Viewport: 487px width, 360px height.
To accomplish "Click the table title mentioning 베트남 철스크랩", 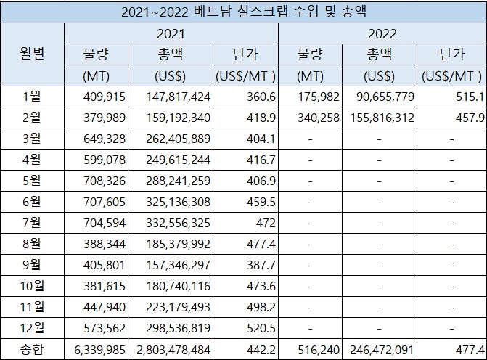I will (x=243, y=12).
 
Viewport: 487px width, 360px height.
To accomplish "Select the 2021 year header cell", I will (x=171, y=33).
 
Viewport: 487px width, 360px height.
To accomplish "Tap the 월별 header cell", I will (x=32, y=54).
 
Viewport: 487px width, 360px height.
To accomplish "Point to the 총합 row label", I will (x=32, y=350).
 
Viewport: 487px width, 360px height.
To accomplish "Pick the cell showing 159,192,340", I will (x=171, y=117).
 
